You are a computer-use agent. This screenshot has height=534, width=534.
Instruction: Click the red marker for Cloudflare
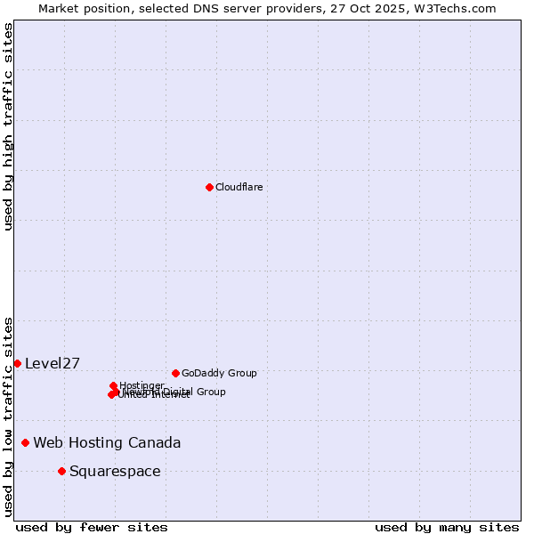[x=209, y=187]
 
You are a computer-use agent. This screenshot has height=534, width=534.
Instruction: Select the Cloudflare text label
[x=239, y=187]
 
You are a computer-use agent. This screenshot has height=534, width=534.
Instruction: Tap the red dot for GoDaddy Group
[x=175, y=373]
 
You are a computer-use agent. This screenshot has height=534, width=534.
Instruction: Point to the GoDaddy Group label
[x=219, y=373]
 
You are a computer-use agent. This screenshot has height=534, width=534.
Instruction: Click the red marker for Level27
[x=17, y=363]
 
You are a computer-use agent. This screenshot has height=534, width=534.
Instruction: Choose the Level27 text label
[x=53, y=363]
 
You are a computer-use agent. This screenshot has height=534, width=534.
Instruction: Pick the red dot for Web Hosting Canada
[x=25, y=442]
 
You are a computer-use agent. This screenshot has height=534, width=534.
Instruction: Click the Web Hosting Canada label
[x=107, y=442]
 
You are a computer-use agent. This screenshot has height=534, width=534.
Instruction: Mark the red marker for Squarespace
[x=61, y=471]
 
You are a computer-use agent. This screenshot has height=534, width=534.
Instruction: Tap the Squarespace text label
[x=115, y=471]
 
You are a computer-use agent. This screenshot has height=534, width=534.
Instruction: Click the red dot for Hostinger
[x=113, y=385]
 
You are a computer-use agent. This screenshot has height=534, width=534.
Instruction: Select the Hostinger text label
[x=142, y=385]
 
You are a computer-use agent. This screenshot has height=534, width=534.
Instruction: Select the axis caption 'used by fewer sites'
[x=92, y=527]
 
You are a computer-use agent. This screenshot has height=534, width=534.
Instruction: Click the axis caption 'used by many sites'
[x=447, y=527]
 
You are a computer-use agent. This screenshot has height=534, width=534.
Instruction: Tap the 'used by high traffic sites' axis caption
[x=8, y=127]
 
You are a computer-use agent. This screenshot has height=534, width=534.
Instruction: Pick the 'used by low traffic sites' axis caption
[x=8, y=417]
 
